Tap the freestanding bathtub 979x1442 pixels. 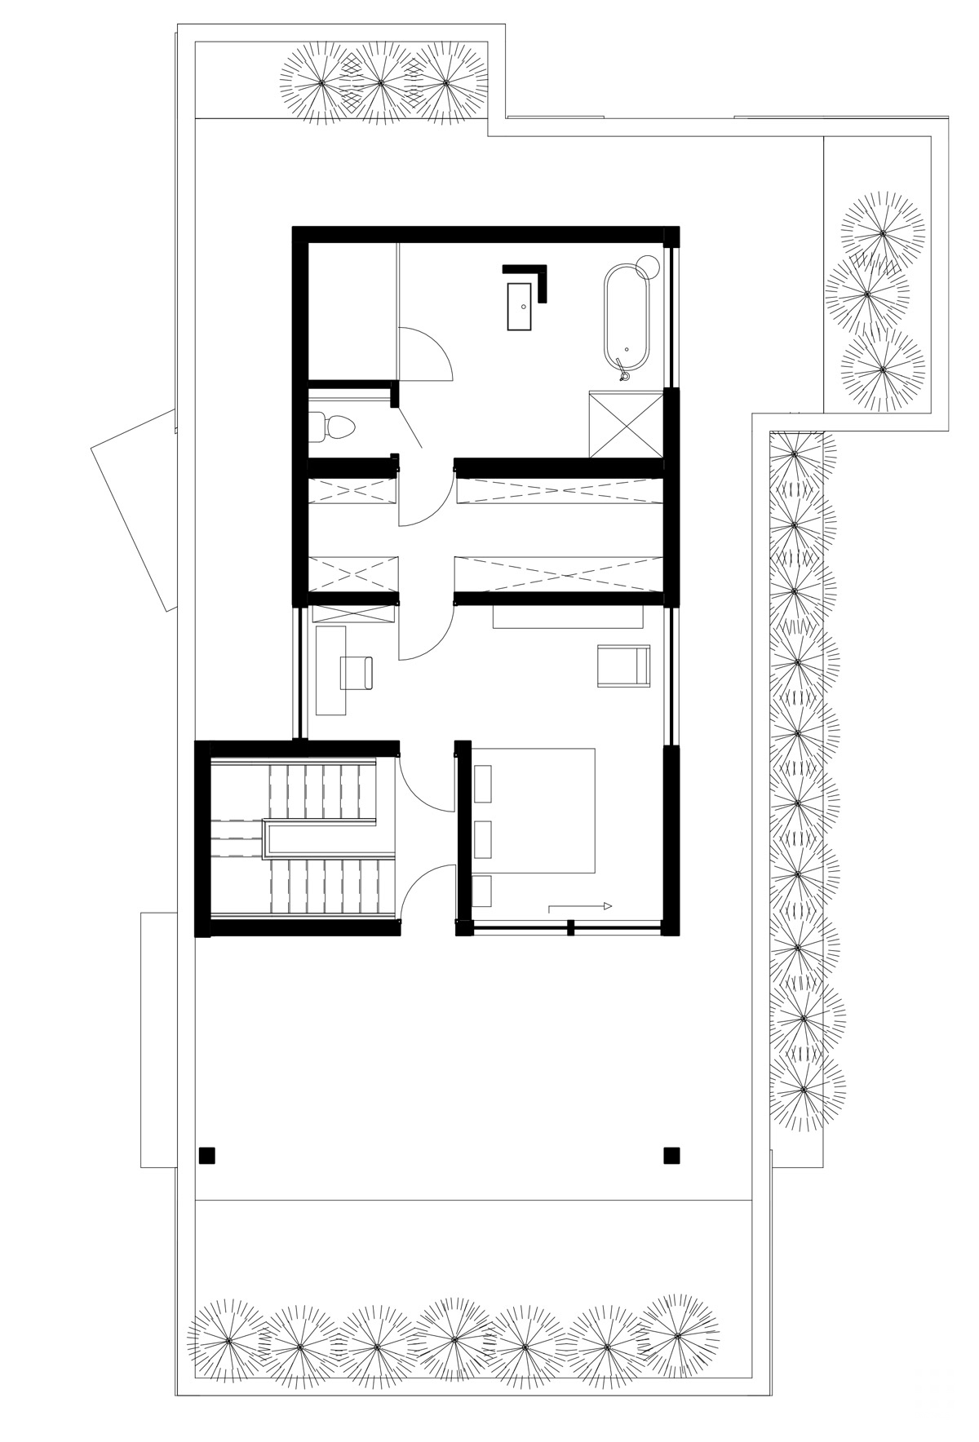point(627,320)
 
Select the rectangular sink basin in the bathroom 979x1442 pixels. point(520,306)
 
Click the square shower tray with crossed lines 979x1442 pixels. point(627,424)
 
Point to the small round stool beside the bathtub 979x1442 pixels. point(649,266)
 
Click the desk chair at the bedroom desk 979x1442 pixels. point(357,672)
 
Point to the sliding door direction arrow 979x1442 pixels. point(579,905)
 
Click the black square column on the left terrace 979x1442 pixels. point(207,1155)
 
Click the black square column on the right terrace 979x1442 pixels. point(671,1155)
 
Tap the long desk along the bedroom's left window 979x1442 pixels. point(330,670)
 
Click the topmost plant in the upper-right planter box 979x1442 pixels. point(883,232)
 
